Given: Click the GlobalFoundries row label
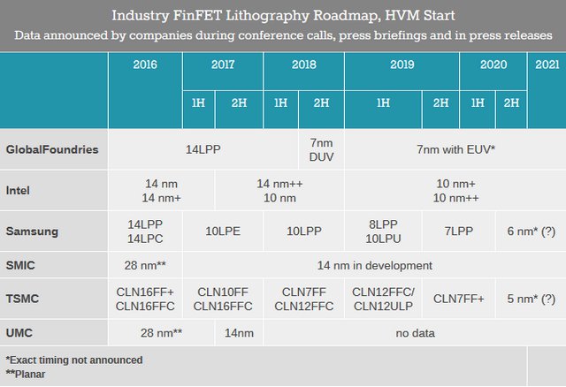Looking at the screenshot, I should point(51,149).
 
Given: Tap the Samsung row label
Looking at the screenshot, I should point(32,231).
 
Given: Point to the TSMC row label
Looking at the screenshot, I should point(23,300).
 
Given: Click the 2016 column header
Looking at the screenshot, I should point(145,65).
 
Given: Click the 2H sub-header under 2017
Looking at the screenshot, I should point(240,103).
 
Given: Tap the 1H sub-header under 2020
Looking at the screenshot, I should point(477,103).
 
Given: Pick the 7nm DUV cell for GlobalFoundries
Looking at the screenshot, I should point(321,149).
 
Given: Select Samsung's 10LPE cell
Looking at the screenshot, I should point(223,231).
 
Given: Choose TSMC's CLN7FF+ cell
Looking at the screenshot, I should point(459,300).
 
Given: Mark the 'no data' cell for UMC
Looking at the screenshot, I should point(413,334).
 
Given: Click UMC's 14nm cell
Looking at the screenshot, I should point(239,334).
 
